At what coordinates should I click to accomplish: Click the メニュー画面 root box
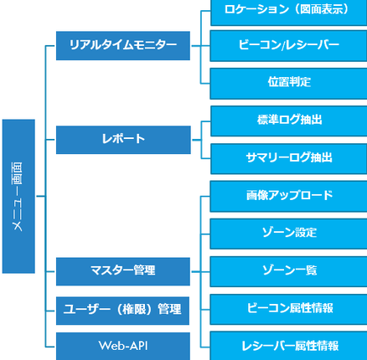point(18,197)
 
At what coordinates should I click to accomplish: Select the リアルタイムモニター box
point(122,45)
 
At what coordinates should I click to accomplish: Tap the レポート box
point(122,139)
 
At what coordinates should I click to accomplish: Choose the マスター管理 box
point(122,270)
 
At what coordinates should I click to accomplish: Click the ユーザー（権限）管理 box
point(122,309)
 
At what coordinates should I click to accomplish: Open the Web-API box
point(122,345)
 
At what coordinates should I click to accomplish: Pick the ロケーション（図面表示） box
point(288,11)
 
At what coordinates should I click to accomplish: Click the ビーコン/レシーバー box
point(288,45)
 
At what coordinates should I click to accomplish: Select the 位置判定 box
point(288,82)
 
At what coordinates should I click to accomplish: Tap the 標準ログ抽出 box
point(288,121)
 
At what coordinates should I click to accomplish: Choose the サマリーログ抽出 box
point(288,157)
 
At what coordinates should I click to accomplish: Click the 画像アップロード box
point(288,196)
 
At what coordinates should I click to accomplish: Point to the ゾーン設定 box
point(288,233)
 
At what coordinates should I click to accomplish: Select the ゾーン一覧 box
point(288,270)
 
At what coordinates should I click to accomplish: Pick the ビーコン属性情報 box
point(288,308)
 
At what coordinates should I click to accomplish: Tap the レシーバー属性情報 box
point(288,345)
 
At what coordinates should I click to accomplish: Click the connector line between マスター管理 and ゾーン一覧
point(199,270)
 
